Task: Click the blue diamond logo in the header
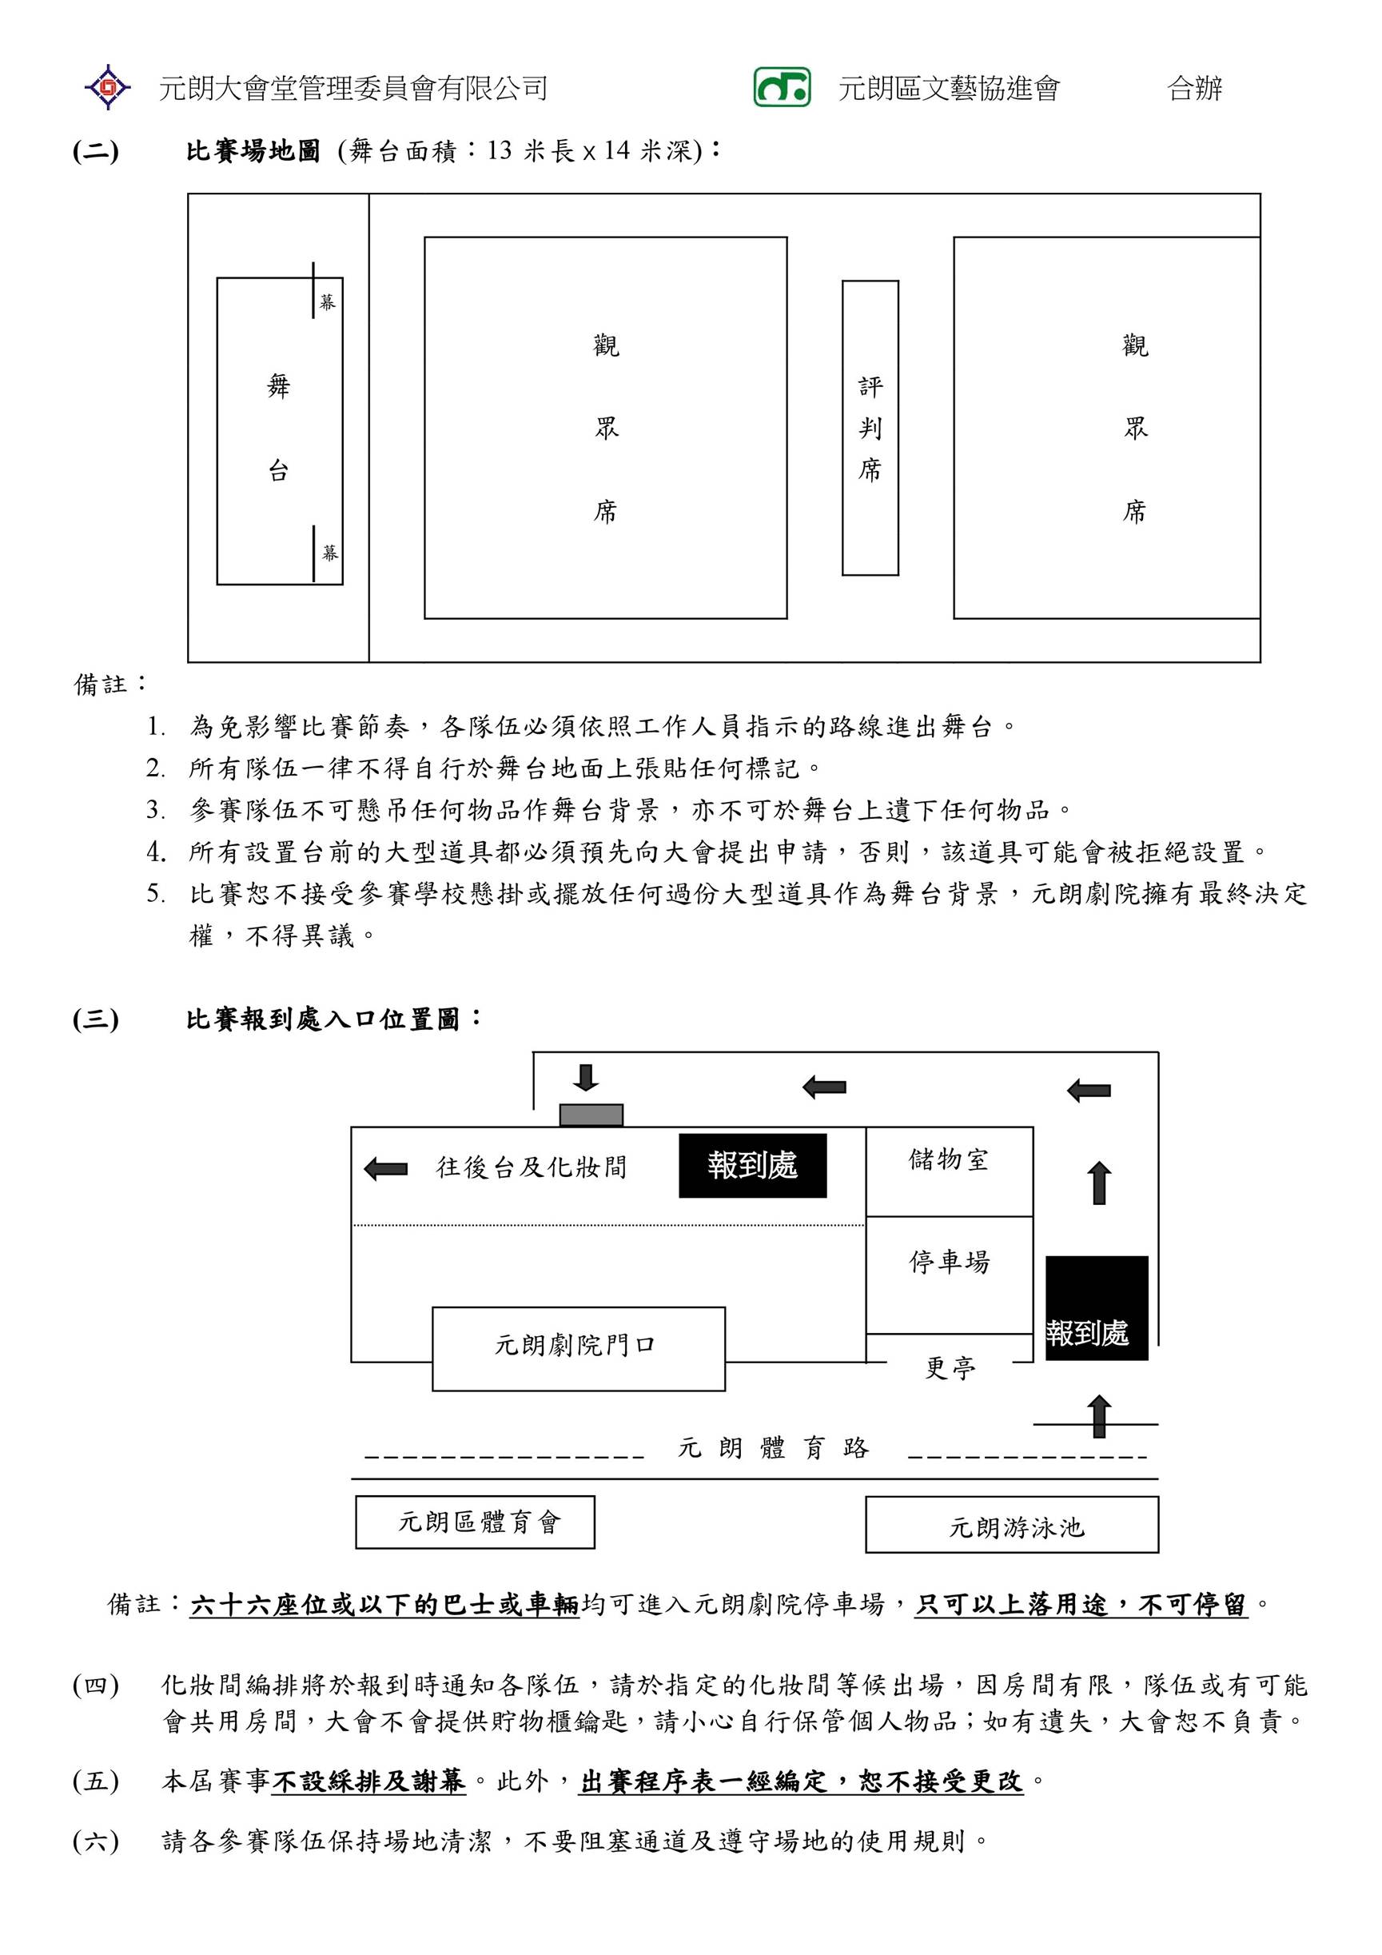point(107,87)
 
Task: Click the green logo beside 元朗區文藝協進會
point(781,87)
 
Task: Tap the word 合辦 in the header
point(1195,88)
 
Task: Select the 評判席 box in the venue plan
point(870,428)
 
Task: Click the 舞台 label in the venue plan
point(279,429)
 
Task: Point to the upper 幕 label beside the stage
point(328,302)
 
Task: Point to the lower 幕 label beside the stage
point(330,553)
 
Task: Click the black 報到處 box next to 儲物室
point(752,1165)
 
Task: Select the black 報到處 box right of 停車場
point(1096,1307)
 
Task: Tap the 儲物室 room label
point(949,1159)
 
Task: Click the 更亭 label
point(950,1368)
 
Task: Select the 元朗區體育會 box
point(475,1522)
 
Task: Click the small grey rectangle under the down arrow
point(591,1115)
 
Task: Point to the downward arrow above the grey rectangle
point(584,1077)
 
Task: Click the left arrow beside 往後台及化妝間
point(385,1168)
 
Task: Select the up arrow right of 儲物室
point(1100,1183)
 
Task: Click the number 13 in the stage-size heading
point(500,150)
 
